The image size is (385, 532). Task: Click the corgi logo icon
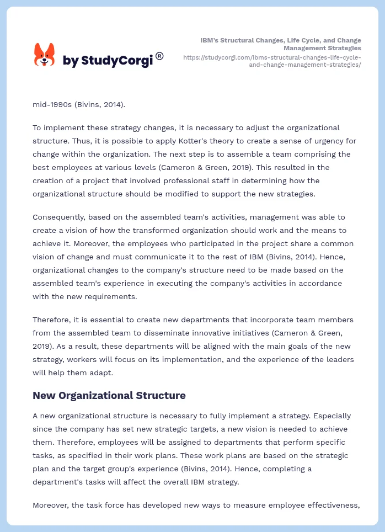[45, 55]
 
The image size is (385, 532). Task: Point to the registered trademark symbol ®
[159, 56]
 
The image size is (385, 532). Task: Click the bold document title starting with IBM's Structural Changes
[281, 44]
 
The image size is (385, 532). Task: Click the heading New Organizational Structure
[109, 395]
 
